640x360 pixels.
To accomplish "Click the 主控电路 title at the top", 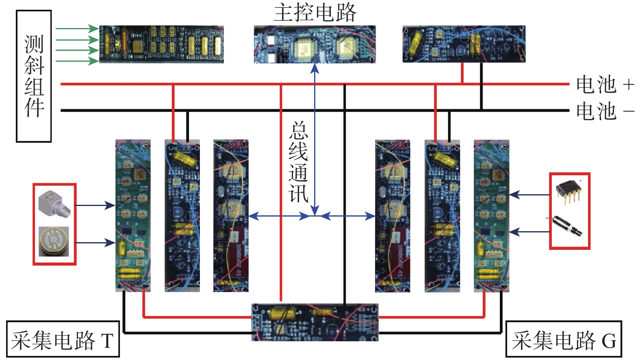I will [x=315, y=13].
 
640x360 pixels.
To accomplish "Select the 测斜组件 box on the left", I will [x=34, y=76].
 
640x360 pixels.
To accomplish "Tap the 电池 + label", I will [x=605, y=85].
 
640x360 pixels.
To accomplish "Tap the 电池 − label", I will [x=605, y=111].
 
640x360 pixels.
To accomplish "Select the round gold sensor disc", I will [x=54, y=241].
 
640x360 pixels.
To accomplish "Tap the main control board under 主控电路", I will [x=315, y=44].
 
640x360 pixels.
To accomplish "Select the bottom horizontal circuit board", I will [x=315, y=322].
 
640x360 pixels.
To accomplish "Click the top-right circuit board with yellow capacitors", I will [x=464, y=44].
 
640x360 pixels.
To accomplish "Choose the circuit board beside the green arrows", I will [x=161, y=44].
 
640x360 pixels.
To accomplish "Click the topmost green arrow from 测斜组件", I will [x=77, y=28].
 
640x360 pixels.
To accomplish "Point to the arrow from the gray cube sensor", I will [x=95, y=205].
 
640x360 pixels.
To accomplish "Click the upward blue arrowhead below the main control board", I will [x=315, y=68].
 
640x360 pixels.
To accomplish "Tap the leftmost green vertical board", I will [x=133, y=215].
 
